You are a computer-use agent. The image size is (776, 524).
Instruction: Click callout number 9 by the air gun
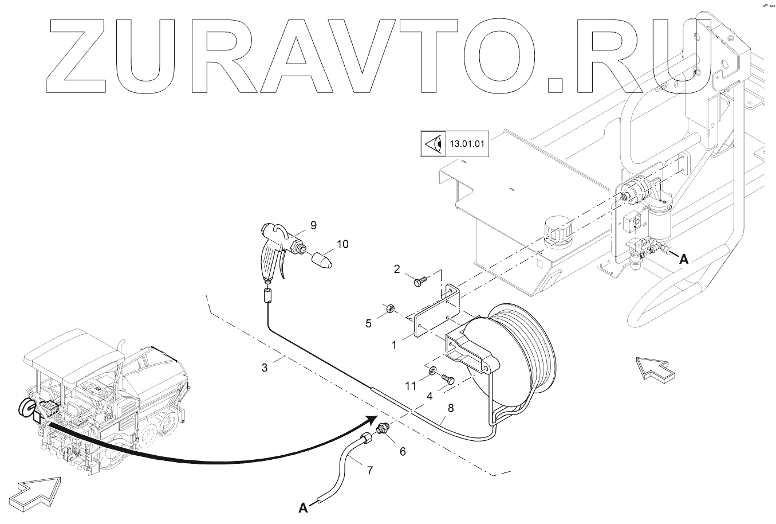point(313,225)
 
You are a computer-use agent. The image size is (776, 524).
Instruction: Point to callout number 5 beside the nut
point(369,323)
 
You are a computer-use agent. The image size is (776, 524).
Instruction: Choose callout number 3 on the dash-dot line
point(265,367)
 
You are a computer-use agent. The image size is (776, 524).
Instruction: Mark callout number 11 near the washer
point(411,386)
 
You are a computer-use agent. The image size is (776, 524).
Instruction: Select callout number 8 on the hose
point(451,409)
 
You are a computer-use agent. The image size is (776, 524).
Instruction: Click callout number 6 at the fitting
point(403,451)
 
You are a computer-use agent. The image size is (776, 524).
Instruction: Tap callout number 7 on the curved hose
point(370,471)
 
